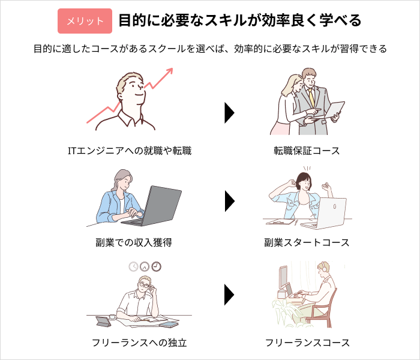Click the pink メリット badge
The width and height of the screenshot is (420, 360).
pyautogui.click(x=85, y=21)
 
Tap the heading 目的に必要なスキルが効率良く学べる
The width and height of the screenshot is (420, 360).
pyautogui.click(x=240, y=20)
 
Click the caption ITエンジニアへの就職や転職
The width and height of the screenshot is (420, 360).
pyautogui.click(x=130, y=151)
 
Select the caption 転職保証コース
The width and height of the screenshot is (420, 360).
pyautogui.click(x=307, y=151)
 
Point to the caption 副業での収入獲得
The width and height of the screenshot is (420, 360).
pyautogui.click(x=134, y=242)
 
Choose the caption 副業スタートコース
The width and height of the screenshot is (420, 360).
pyautogui.click(x=307, y=242)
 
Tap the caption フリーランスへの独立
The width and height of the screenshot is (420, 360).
pyautogui.click(x=139, y=343)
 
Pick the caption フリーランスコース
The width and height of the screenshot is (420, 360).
pyautogui.click(x=307, y=343)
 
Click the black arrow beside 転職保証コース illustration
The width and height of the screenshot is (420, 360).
pyautogui.click(x=230, y=113)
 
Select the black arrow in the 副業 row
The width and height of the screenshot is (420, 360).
pyautogui.click(x=230, y=201)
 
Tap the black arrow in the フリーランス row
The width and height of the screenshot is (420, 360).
pyautogui.click(x=230, y=295)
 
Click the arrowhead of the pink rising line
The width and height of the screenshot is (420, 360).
pyautogui.click(x=170, y=71)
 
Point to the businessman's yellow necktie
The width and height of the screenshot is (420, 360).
pyautogui.click(x=311, y=98)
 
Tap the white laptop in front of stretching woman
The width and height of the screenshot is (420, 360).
pyautogui.click(x=325, y=214)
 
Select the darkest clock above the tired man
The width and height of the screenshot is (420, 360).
pyautogui.click(x=157, y=266)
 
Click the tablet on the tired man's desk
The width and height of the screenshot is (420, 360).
pyautogui.click(x=104, y=322)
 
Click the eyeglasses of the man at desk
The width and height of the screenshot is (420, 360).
pyautogui.click(x=145, y=285)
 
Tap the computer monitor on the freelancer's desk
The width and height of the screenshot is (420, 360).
pyautogui.click(x=283, y=278)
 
